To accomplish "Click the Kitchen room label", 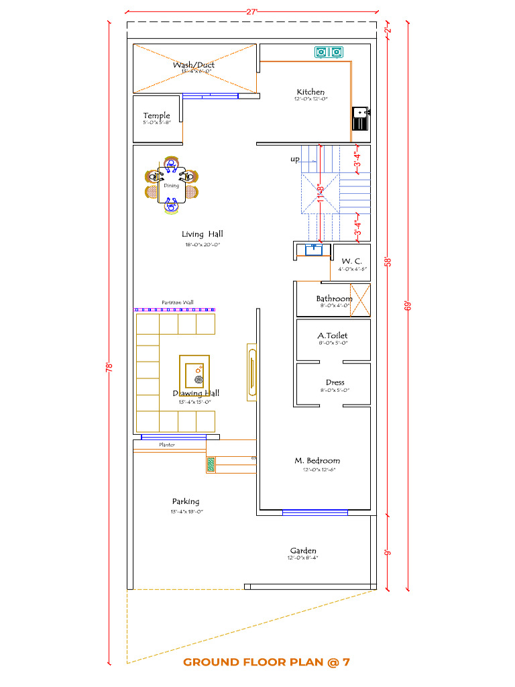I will (310, 92).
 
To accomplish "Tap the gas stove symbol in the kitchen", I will (329, 51).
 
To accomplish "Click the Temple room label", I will (156, 116).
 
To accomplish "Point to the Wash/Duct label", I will (193, 65).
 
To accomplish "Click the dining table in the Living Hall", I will (172, 184).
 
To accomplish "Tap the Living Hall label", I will (203, 234).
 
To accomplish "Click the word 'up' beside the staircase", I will (295, 160).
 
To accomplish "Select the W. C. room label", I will (351, 261).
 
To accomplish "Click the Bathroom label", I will (334, 299).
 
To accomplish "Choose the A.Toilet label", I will (333, 335).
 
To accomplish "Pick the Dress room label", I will (335, 382).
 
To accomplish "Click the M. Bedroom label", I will (317, 461).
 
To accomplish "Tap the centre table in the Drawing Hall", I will (194, 374).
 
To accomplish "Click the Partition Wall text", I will (178, 303).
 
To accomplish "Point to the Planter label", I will (167, 445).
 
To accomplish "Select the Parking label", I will (186, 501).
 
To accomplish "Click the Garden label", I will (303, 551).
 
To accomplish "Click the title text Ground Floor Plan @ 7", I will (266, 662).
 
